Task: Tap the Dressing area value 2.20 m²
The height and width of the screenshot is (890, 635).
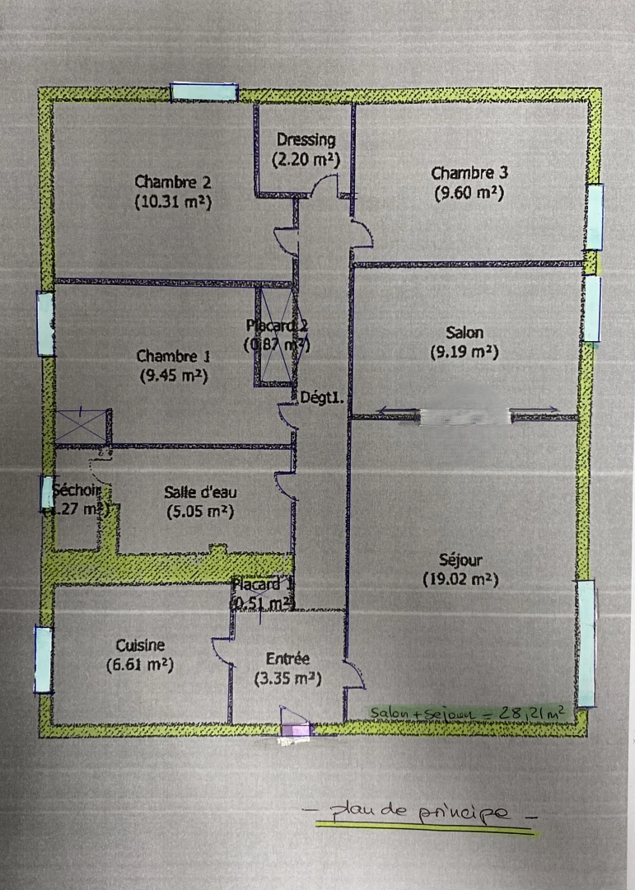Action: pyautogui.click(x=306, y=161)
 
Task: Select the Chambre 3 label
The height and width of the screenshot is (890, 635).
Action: pyautogui.click(x=469, y=173)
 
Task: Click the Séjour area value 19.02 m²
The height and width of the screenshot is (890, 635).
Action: pyautogui.click(x=460, y=579)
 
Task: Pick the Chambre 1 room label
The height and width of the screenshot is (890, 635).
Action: pyautogui.click(x=173, y=357)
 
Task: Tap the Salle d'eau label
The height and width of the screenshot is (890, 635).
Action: pyautogui.click(x=200, y=492)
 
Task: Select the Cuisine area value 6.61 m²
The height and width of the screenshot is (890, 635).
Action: pyautogui.click(x=140, y=664)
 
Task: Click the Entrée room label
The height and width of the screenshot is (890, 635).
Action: pyautogui.click(x=287, y=658)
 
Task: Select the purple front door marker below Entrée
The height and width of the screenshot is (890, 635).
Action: pyautogui.click(x=295, y=729)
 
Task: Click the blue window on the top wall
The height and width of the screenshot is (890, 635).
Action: pyautogui.click(x=203, y=92)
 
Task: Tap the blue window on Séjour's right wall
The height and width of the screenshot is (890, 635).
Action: pyautogui.click(x=586, y=644)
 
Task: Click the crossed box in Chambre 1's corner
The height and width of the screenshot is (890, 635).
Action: pyautogui.click(x=82, y=426)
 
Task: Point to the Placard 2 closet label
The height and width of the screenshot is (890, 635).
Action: pyautogui.click(x=278, y=325)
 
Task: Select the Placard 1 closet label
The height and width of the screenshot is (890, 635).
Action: pyautogui.click(x=261, y=584)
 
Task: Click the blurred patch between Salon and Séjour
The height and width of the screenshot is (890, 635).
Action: pyautogui.click(x=465, y=417)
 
